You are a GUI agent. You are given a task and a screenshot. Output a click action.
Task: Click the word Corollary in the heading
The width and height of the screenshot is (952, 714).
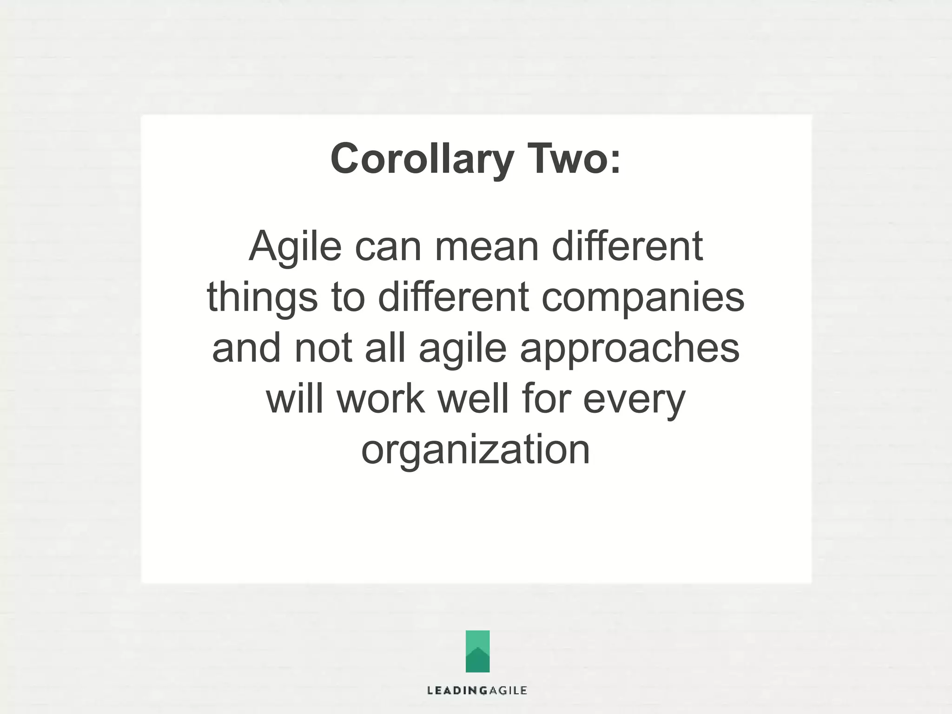(x=421, y=159)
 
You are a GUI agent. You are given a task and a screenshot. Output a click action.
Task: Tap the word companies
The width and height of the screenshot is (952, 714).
(x=643, y=297)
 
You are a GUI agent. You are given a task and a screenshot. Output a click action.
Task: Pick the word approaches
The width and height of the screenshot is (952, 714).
(x=629, y=349)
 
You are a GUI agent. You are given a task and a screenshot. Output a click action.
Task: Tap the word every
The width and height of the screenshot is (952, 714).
(x=634, y=400)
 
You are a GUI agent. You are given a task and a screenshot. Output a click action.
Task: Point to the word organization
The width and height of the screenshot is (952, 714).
(x=476, y=450)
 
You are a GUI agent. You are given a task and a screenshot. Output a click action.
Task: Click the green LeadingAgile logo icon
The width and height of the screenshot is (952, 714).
(x=477, y=651)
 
